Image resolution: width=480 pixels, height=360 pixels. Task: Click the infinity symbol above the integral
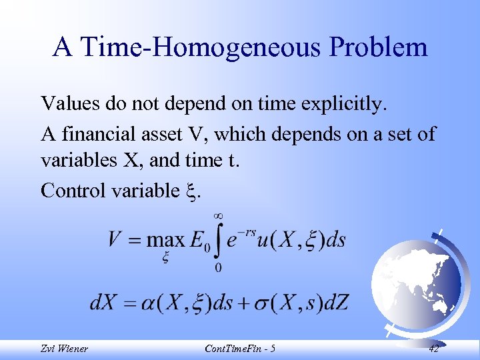[218, 215]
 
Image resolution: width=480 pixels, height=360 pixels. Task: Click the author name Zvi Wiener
[64, 349]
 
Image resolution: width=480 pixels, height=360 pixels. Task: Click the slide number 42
[433, 349]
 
